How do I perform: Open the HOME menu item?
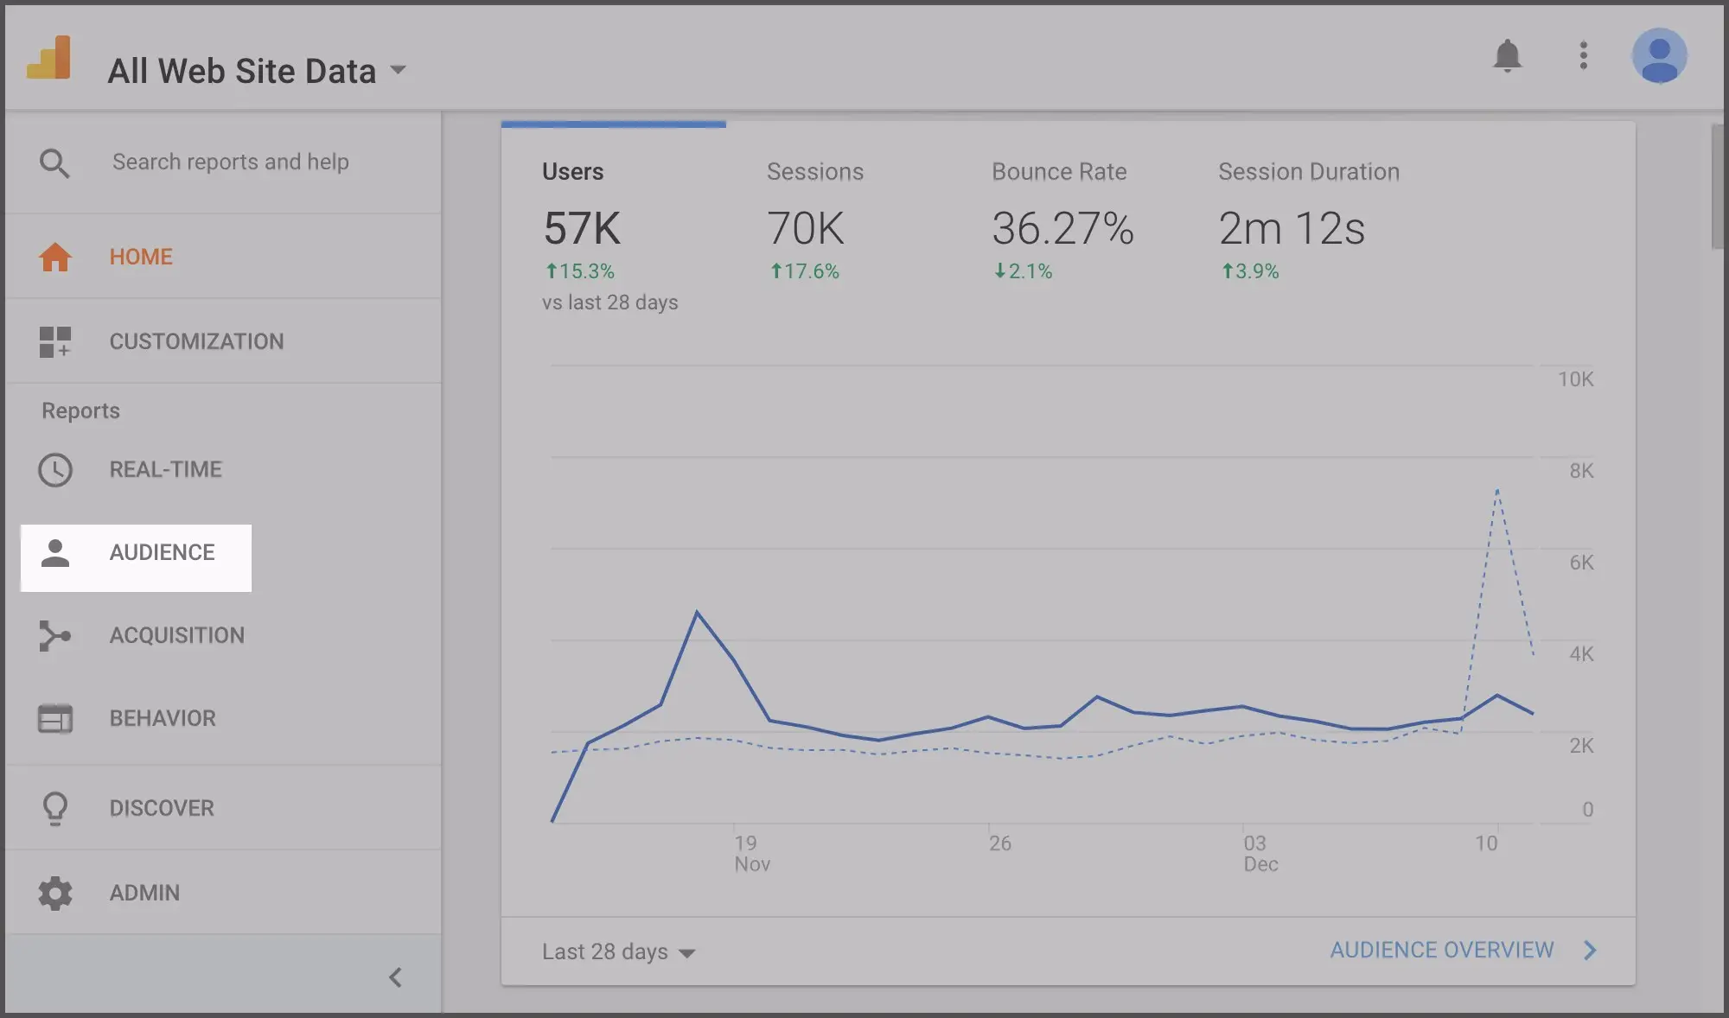pos(140,257)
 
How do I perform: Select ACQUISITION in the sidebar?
pos(176,635)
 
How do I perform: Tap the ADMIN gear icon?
pos(55,893)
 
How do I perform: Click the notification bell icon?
pos(1507,56)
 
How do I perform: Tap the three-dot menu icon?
pos(1583,56)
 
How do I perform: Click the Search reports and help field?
pos(230,162)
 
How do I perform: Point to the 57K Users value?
pos(582,229)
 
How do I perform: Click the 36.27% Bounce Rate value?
pos(1062,229)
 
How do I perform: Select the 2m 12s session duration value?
pos(1292,229)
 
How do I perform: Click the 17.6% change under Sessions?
pos(805,271)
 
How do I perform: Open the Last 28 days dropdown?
pos(618,951)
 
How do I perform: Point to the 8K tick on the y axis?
pos(1581,471)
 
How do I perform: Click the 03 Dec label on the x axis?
pos(1260,853)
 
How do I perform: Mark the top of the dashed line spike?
pos(1497,490)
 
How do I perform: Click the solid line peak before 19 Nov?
pos(697,612)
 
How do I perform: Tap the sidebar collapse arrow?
pos(395,977)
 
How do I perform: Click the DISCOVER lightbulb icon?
pos(55,808)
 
